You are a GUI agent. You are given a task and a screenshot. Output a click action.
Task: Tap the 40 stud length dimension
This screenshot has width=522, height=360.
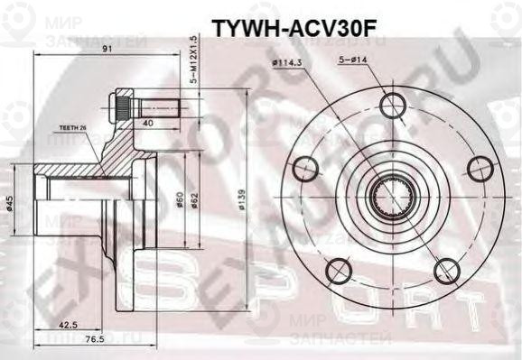click(x=146, y=123)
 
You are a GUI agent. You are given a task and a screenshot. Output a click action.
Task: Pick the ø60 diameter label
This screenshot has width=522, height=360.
click(x=180, y=198)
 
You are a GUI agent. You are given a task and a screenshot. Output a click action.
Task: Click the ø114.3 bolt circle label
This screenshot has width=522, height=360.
click(x=287, y=64)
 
